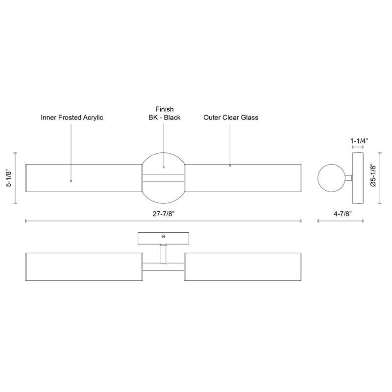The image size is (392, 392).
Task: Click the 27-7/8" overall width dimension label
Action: click(x=163, y=214)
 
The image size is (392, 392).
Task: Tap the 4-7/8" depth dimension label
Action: click(x=343, y=214)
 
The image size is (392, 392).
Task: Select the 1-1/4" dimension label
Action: click(x=360, y=141)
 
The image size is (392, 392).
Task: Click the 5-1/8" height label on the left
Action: click(x=9, y=178)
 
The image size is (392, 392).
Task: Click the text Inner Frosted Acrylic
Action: click(x=72, y=118)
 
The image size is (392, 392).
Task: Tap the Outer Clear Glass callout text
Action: click(x=231, y=118)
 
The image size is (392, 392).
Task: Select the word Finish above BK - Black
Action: click(x=165, y=109)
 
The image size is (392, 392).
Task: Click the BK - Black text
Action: click(x=165, y=118)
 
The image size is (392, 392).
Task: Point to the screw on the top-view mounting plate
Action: click(x=164, y=236)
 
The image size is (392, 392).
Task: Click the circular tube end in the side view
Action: click(x=332, y=178)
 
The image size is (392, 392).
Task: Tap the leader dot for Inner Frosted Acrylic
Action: click(x=71, y=181)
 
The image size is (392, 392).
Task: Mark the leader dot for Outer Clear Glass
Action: click(x=230, y=166)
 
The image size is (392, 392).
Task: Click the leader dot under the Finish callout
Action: click(x=164, y=167)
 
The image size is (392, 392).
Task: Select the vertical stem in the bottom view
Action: click(x=163, y=254)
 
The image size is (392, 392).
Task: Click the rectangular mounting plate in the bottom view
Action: click(x=163, y=238)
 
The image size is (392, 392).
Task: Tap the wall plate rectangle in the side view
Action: click(x=358, y=178)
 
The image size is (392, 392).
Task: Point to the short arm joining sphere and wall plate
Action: click(x=349, y=178)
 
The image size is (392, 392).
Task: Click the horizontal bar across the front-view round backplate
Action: click(x=163, y=178)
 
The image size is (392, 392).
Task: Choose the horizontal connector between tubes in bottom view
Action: click(x=163, y=267)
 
